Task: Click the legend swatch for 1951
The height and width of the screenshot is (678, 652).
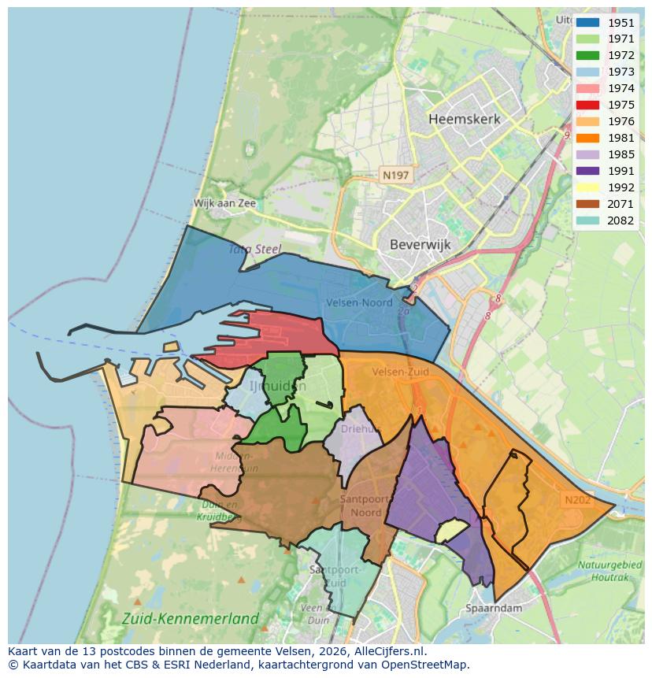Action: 587,23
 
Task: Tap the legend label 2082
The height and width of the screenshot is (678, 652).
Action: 621,221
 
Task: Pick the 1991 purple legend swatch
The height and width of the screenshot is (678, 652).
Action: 587,172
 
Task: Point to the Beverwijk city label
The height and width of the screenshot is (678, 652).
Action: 420,245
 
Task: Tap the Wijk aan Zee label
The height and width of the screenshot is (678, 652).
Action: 225,203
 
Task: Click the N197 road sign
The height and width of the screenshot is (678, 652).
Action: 395,175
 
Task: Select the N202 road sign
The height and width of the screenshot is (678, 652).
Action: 576,499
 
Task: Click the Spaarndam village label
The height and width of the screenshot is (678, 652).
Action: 494,608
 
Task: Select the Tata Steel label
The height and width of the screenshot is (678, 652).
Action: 255,250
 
